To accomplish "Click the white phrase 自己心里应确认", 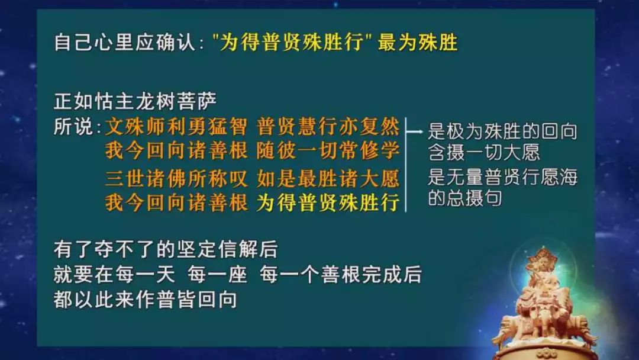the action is [x=125, y=43].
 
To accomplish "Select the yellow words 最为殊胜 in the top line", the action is [x=418, y=43].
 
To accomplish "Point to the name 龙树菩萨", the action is [x=176, y=101].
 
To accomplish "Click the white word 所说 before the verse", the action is [x=74, y=127].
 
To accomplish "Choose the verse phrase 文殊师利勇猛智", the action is [x=176, y=127].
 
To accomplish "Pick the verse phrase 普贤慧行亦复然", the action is [x=328, y=127].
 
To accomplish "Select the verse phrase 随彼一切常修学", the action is [x=328, y=151].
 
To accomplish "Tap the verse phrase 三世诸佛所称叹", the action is [x=176, y=179].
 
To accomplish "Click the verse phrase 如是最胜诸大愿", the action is [x=328, y=179].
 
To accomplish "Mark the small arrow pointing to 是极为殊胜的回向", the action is [x=415, y=131].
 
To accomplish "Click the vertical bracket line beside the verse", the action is [x=406, y=165].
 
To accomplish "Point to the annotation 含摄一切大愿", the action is [x=484, y=153].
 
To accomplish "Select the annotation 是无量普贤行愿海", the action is [x=502, y=178].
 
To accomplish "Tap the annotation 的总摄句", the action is [x=464, y=198].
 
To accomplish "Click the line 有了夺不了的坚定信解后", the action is [x=166, y=249].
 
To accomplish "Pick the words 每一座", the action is [x=217, y=274].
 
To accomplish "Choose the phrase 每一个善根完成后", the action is [x=340, y=274].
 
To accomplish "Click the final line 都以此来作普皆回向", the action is [x=146, y=300].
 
